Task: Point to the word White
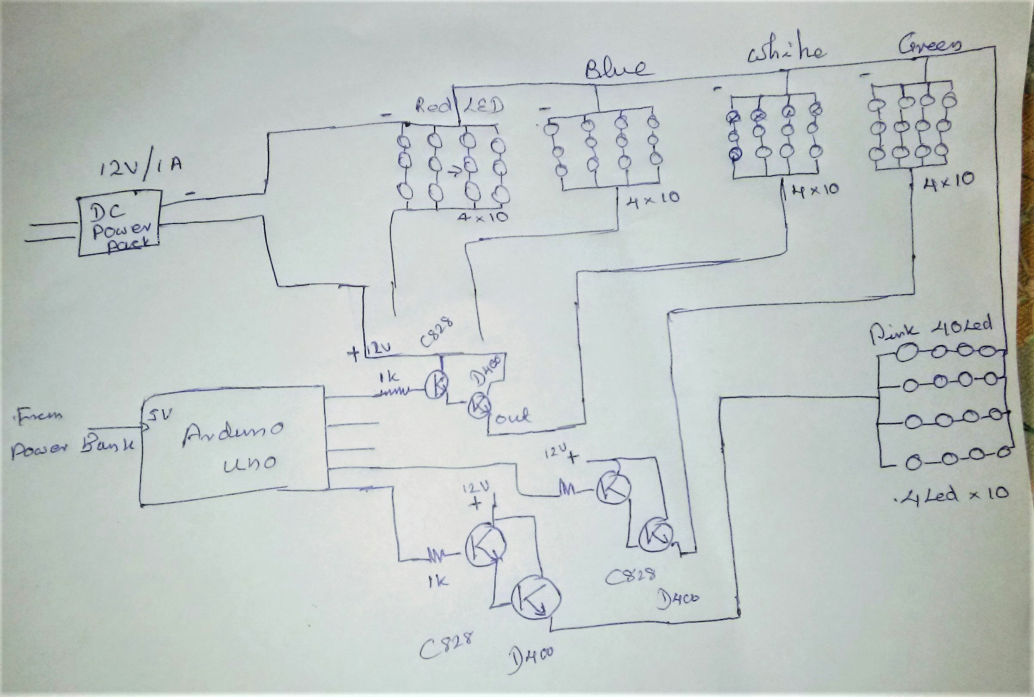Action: (x=785, y=53)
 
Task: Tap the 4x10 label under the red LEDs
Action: (x=482, y=217)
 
